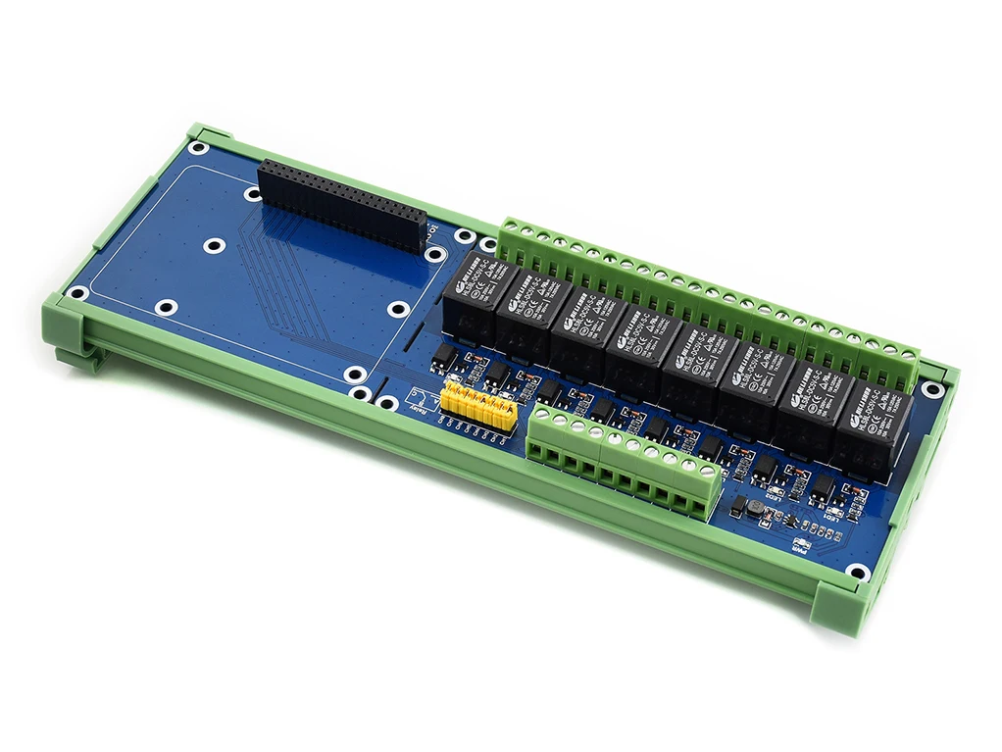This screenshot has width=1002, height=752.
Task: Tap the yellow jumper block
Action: click(x=478, y=405)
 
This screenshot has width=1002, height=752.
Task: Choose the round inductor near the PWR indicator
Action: click(x=754, y=508)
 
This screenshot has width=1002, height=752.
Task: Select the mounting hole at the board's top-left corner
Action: click(x=199, y=149)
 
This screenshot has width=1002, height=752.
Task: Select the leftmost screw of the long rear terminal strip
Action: click(x=510, y=228)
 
